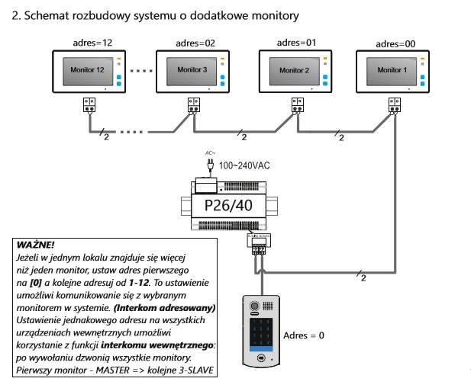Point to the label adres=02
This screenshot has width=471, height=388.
click(196, 43)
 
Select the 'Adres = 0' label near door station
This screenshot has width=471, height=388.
click(305, 335)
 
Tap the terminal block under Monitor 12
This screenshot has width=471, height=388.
click(89, 105)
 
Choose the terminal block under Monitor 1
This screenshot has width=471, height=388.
click(395, 104)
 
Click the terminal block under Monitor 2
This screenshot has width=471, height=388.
click(296, 105)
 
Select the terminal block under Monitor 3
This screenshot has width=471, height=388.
click(192, 105)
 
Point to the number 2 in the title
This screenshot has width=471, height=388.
click(17, 14)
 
